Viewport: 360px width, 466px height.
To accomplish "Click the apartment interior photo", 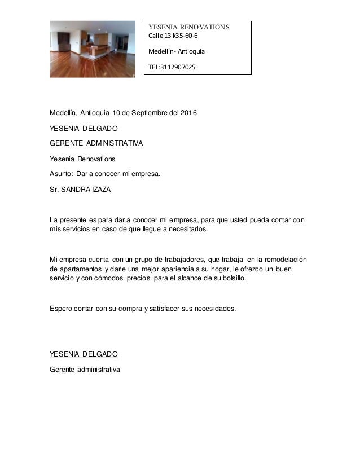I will coord(93,49).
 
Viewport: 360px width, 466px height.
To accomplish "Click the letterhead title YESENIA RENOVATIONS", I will coord(188,27).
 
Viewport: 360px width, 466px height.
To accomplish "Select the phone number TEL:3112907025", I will coord(172,67).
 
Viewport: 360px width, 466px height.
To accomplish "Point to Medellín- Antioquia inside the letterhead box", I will coord(177,52).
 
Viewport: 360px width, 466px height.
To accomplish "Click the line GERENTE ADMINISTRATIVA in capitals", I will coord(96,143).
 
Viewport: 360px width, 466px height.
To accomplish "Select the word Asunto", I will coord(62,174).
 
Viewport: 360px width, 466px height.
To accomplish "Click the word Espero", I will coord(62,309).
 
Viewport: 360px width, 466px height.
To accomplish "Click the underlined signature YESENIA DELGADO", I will coord(84,354).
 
